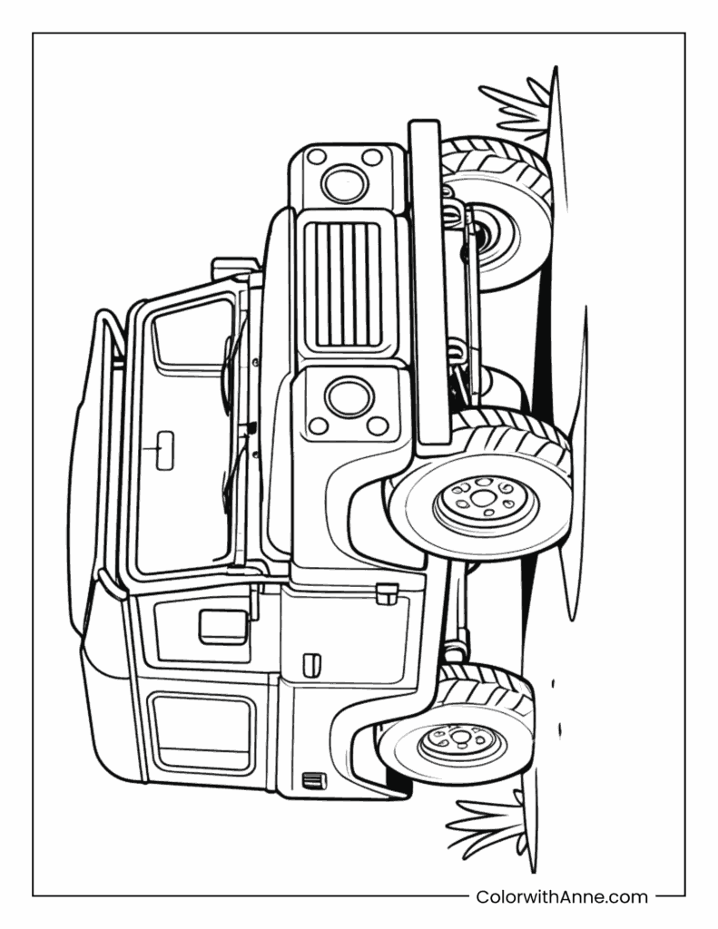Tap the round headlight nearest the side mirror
click(345, 397)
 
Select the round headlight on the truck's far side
click(343, 184)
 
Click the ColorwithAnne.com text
click(562, 897)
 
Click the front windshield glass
click(182, 435)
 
